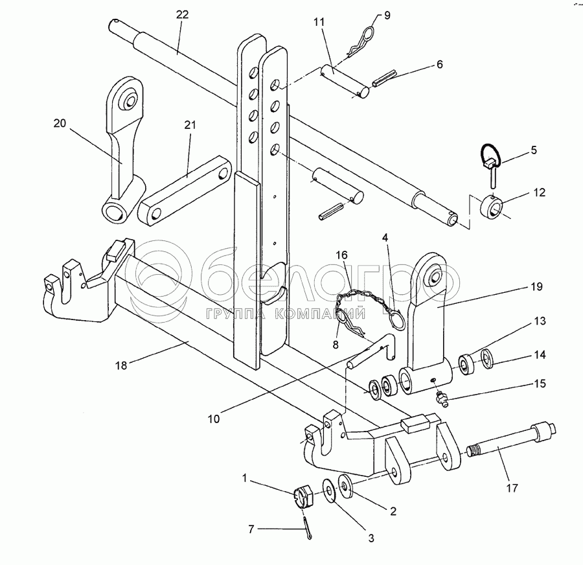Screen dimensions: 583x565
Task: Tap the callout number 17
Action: click(x=512, y=488)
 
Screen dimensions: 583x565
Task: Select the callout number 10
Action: click(x=213, y=419)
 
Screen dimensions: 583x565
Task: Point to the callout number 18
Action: click(x=121, y=365)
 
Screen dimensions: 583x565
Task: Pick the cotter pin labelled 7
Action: click(x=308, y=527)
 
